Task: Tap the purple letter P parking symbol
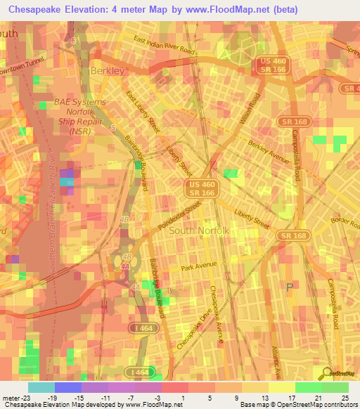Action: [x=290, y=287]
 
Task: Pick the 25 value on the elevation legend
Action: [x=345, y=397]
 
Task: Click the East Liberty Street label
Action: [x=143, y=110]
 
